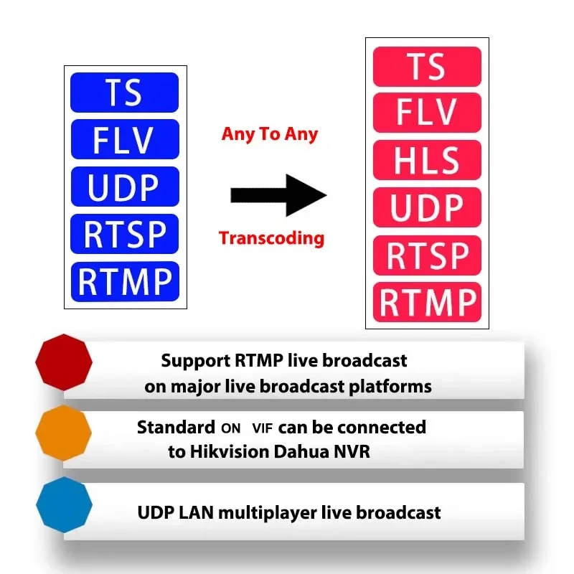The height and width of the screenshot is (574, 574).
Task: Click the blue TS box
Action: point(124,93)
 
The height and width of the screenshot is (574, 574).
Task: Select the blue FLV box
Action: point(125,139)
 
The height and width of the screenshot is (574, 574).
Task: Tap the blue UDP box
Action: point(125,187)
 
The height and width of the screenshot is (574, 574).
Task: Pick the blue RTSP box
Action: point(124,234)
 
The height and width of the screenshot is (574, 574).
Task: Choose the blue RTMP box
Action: point(125,281)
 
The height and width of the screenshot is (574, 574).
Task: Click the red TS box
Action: point(427,67)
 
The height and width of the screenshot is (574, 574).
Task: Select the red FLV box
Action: point(427,113)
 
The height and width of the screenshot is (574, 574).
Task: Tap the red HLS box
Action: point(427,160)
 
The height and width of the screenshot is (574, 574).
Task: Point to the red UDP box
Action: point(427,207)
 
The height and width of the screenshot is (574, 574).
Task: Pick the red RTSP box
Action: point(427,255)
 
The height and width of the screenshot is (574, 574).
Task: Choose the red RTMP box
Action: point(427,302)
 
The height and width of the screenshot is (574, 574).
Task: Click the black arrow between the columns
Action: point(278,195)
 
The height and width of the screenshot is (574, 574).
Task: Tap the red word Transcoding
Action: point(271,239)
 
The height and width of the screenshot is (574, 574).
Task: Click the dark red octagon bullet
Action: point(64,362)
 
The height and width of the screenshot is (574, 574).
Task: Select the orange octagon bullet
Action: point(63,433)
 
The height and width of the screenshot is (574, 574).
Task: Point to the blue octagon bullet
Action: point(64,504)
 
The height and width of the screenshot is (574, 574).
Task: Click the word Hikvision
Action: point(230,452)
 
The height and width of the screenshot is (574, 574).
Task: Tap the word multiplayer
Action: point(267,513)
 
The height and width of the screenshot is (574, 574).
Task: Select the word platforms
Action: point(390,387)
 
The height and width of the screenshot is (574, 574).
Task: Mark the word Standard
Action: point(176,427)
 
